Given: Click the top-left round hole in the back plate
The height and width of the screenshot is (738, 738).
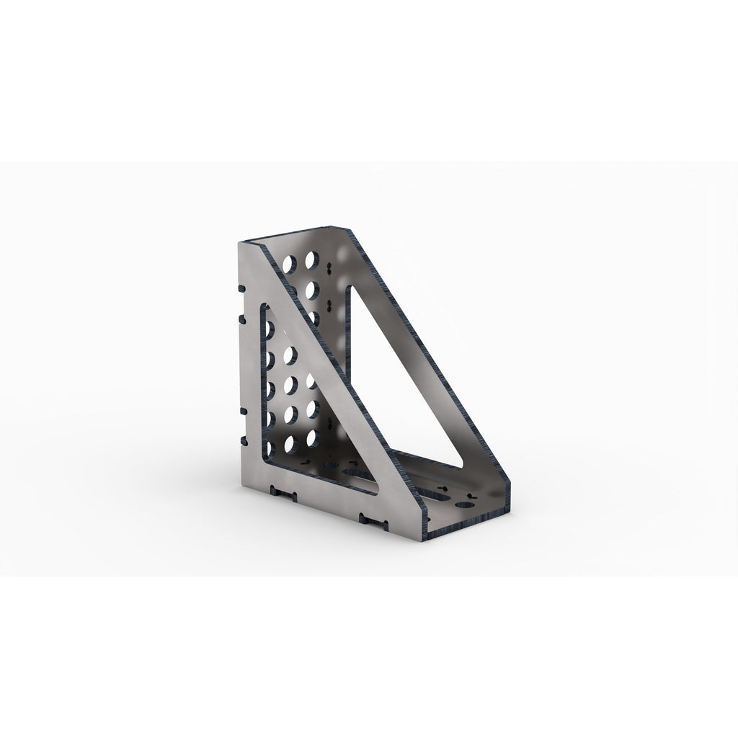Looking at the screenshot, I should [293, 263].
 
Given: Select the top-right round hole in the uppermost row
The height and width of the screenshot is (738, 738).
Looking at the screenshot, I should [312, 259].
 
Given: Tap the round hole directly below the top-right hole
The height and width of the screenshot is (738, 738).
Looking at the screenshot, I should [312, 290].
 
